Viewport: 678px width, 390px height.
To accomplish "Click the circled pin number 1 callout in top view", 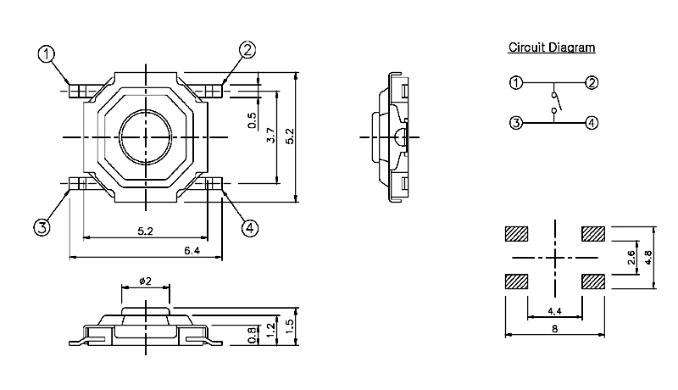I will [47, 53].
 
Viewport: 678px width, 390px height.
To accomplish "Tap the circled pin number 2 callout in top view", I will [247, 50].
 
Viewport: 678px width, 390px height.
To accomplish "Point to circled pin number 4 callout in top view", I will [249, 227].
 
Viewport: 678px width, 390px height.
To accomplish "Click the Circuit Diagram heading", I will [551, 47].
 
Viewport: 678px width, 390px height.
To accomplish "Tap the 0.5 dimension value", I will [252, 120].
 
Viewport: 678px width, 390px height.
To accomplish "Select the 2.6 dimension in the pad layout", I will [631, 259].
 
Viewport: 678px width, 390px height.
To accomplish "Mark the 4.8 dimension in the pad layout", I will [647, 257].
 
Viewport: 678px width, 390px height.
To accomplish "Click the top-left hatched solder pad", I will [515, 233].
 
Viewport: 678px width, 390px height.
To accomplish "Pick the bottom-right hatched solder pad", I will [593, 281].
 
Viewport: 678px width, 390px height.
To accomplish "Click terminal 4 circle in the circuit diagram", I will [592, 122].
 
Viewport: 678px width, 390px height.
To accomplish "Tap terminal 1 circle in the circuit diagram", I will [515, 82].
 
